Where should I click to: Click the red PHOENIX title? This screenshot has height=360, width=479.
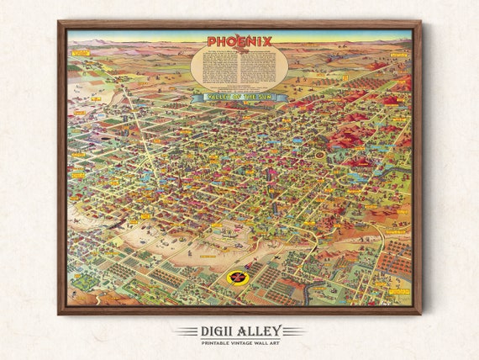point(239,41)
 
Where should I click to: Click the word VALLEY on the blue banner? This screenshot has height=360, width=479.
point(210,98)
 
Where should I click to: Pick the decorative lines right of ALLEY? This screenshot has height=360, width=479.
point(295,331)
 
